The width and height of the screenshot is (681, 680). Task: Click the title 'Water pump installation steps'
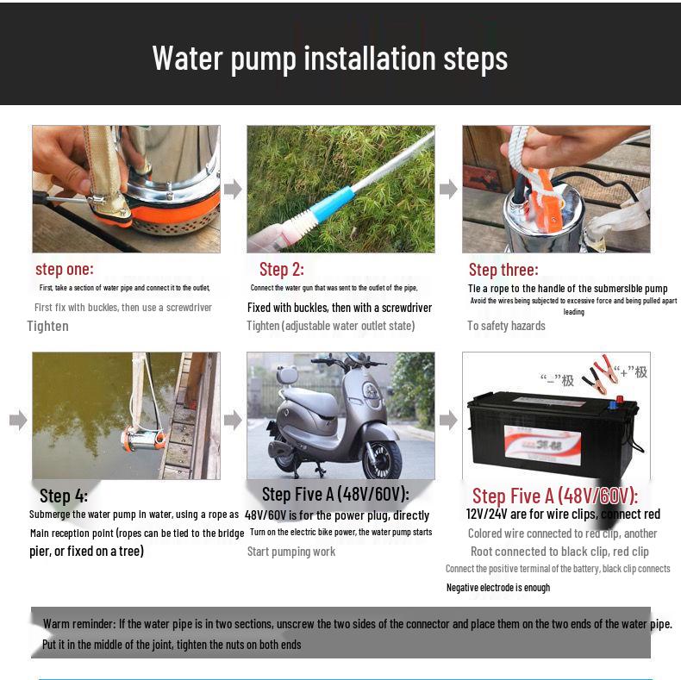(330, 58)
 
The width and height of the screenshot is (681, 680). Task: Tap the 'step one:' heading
(65, 269)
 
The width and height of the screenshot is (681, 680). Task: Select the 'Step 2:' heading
(281, 269)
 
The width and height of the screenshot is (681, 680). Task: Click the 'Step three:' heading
(503, 270)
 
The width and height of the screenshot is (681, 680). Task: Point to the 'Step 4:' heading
(63, 496)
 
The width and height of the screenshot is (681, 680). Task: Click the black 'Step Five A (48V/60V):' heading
(335, 494)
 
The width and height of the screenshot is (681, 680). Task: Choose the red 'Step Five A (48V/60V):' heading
(554, 496)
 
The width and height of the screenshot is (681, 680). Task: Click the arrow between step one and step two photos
(233, 190)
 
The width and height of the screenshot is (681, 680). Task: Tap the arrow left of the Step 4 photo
(17, 421)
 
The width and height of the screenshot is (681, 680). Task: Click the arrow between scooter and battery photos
(448, 421)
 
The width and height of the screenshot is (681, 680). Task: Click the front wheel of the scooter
(382, 458)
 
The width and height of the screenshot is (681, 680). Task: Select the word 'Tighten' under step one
(47, 326)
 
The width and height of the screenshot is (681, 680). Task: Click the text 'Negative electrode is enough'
(497, 587)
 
